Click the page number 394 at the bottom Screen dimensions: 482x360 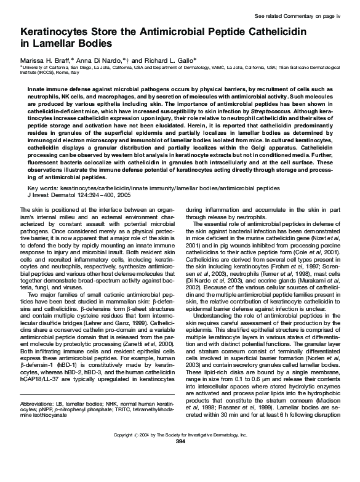tap(180, 476)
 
